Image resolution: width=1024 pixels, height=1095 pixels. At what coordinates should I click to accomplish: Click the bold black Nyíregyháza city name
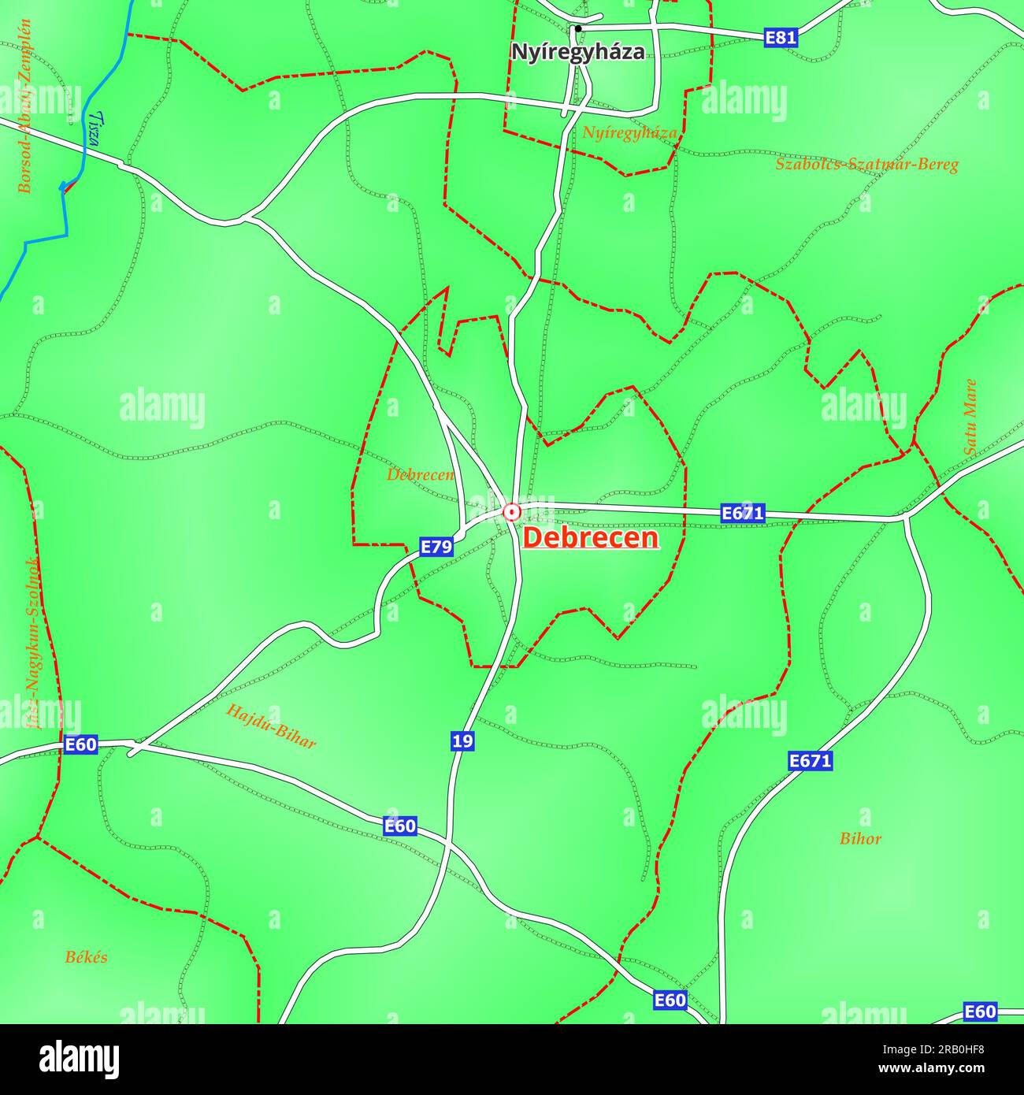click(x=577, y=52)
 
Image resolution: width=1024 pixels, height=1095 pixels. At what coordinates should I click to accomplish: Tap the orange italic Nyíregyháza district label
click(x=629, y=132)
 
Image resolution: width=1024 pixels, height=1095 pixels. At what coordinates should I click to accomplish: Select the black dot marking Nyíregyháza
click(x=578, y=29)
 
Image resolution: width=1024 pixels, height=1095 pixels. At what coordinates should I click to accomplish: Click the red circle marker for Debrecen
click(x=512, y=513)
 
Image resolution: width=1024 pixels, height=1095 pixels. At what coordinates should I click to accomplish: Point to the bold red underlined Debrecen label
click(x=591, y=538)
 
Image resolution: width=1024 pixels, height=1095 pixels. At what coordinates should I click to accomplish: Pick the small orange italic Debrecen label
click(x=420, y=475)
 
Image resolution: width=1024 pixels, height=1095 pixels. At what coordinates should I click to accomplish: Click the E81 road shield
click(x=781, y=37)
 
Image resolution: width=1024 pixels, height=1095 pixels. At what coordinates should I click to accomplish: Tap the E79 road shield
click(x=436, y=547)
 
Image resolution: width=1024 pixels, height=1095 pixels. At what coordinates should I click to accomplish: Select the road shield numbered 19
click(x=463, y=741)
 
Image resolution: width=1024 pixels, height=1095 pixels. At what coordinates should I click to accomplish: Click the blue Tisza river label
click(x=95, y=128)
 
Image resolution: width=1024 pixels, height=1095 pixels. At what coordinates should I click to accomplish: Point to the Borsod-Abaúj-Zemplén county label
click(x=25, y=106)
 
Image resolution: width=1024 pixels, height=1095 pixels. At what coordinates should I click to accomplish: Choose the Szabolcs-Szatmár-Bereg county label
click(x=866, y=165)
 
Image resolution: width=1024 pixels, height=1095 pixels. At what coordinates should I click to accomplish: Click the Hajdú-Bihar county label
click(x=271, y=726)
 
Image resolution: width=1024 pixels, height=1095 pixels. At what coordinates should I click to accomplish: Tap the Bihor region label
click(x=860, y=838)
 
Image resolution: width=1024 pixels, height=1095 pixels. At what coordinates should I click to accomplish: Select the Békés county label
click(x=86, y=958)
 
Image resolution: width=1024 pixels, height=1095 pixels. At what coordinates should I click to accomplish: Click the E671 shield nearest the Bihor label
click(x=810, y=761)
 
